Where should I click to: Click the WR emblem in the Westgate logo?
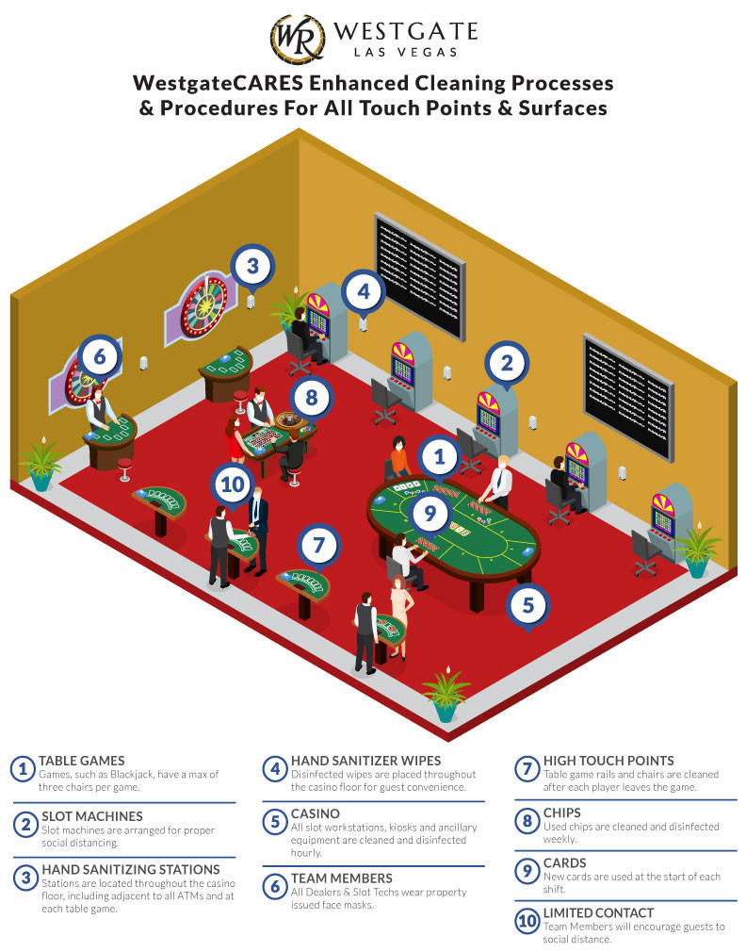pos(298,39)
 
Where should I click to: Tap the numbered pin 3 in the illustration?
pos(251,266)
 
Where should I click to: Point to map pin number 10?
pos(234,486)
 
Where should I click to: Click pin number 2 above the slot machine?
pos(506,362)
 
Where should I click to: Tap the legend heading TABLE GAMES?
pos(81,761)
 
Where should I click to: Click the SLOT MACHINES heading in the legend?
pos(90,815)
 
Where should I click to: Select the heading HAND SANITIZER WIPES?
pos(365,761)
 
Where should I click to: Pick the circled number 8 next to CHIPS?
pos(527,819)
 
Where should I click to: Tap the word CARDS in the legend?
pos(564,862)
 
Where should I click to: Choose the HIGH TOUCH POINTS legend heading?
pos(608,761)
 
